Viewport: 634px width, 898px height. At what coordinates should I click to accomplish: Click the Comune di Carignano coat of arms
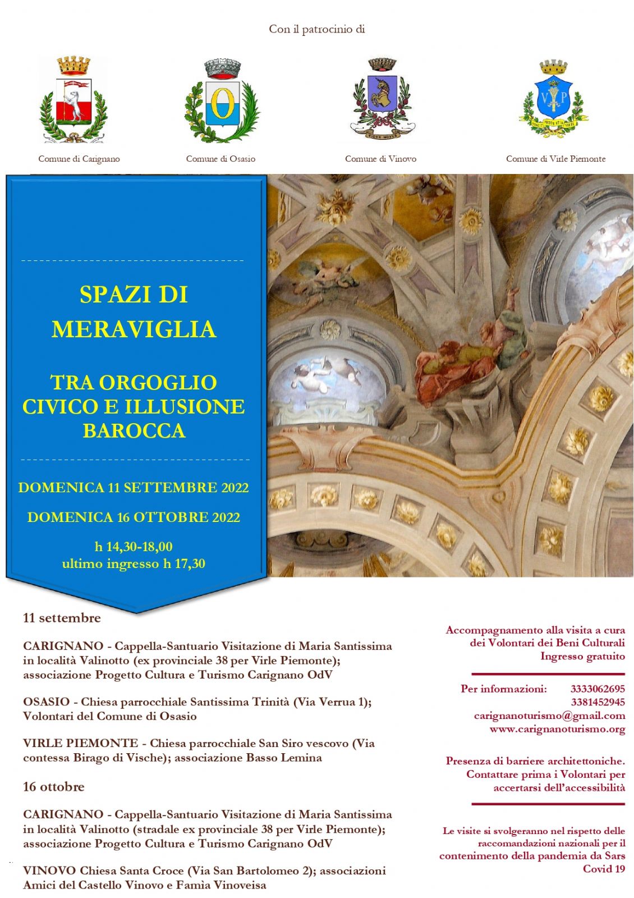[x=73, y=99]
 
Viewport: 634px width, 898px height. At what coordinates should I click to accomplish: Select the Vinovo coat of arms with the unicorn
[x=382, y=98]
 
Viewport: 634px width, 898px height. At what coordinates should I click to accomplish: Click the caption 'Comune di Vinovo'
[x=380, y=159]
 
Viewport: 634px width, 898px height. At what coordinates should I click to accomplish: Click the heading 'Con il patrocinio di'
[x=317, y=29]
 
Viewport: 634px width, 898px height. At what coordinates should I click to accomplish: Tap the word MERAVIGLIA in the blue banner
[x=134, y=329]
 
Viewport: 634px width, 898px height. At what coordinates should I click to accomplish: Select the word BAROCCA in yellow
[x=134, y=431]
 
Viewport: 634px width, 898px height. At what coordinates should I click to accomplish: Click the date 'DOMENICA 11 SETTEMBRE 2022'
[x=134, y=488]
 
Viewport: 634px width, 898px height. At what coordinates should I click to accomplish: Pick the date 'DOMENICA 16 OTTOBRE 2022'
[x=134, y=517]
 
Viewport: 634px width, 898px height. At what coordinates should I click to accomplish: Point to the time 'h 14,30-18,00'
[x=134, y=547]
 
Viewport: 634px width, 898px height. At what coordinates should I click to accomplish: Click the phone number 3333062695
[x=598, y=689]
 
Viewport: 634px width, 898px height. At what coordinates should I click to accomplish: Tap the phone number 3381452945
[x=598, y=702]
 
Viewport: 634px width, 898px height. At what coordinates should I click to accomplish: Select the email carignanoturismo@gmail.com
[x=549, y=716]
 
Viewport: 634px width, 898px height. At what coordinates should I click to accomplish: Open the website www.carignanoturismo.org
[x=557, y=729]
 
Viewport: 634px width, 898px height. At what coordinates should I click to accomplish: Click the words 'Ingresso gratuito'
[x=582, y=656]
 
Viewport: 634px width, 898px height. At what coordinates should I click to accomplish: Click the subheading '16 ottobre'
[x=54, y=787]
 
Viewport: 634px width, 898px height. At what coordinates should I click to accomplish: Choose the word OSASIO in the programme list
[x=47, y=702]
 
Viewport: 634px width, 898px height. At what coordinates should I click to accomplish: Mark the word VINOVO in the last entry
[x=49, y=870]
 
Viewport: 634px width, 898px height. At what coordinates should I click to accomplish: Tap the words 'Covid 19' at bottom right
[x=604, y=869]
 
